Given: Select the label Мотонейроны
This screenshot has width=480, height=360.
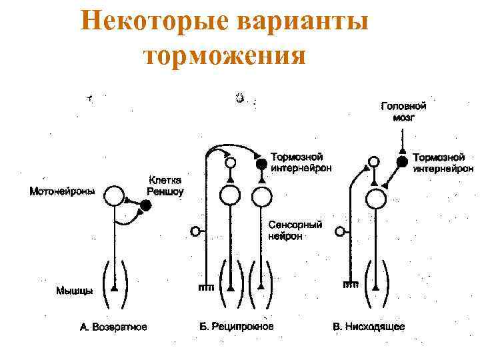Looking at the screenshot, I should [x=62, y=191].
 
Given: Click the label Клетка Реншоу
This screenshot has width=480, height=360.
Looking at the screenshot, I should [x=165, y=186].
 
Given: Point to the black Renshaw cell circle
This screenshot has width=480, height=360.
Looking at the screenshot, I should [x=146, y=206].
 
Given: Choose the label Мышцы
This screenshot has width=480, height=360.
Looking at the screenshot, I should [x=74, y=291].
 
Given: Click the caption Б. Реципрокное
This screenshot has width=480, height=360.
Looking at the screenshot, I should [x=237, y=326].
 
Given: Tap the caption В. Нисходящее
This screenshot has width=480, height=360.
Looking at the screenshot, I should [x=369, y=327].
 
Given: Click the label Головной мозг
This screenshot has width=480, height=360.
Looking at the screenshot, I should [x=403, y=111].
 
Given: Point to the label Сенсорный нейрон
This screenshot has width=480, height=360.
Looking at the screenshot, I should [x=295, y=231].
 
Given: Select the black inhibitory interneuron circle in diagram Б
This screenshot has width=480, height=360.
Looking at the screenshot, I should [x=262, y=163].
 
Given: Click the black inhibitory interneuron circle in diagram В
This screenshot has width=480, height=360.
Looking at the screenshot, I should [x=402, y=162].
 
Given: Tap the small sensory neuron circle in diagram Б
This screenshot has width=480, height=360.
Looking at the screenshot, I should [x=196, y=231].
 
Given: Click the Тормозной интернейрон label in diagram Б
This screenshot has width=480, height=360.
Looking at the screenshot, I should [x=301, y=163].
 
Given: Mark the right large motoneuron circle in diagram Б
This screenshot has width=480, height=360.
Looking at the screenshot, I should [x=262, y=196].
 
